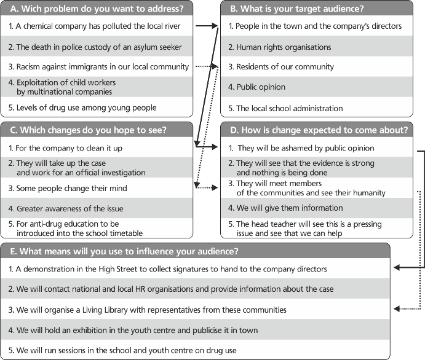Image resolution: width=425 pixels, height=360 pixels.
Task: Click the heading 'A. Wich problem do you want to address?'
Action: tap(97, 9)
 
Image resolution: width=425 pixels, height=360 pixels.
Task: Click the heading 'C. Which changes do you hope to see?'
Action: tap(88, 130)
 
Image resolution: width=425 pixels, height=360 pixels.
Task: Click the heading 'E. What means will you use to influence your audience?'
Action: tap(124, 251)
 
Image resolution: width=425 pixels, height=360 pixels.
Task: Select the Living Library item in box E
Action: tap(147, 310)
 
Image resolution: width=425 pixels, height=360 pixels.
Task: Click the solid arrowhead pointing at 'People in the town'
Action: tap(215, 26)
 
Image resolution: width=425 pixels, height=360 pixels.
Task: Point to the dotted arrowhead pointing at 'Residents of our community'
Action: tap(215, 66)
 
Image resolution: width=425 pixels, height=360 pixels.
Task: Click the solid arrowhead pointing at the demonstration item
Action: tap(397, 268)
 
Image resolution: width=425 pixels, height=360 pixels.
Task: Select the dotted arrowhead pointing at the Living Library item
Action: tap(397, 308)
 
